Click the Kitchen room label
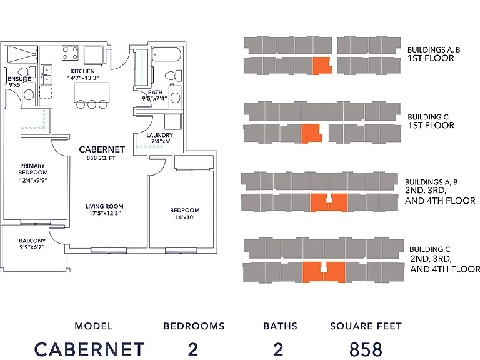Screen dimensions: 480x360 point(82,71)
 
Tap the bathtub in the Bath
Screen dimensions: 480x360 point(166,55)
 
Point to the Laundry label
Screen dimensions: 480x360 point(159,135)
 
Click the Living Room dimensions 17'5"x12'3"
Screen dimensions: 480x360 point(105,213)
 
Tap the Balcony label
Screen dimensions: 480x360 point(32,241)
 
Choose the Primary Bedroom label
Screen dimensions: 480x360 point(32,169)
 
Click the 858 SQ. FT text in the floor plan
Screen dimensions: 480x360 point(101,158)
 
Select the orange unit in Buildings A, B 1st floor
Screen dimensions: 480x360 point(322,66)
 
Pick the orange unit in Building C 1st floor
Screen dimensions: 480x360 point(311,134)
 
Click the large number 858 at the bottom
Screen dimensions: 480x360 point(366,349)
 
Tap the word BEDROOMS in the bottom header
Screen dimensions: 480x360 point(194,326)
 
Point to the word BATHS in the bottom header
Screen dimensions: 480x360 point(281,326)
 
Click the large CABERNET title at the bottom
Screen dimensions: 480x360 point(89,349)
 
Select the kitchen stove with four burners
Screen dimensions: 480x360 point(70,52)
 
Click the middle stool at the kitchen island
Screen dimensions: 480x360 point(92,104)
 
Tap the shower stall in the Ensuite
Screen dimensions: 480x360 point(22,54)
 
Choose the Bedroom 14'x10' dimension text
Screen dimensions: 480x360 point(185,217)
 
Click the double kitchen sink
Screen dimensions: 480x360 point(46,75)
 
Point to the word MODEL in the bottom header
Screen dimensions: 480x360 point(94,326)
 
